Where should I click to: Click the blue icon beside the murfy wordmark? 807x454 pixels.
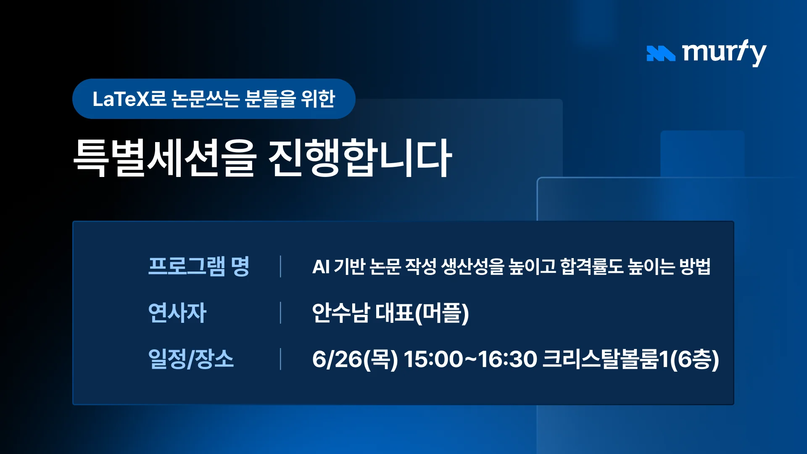[661, 53]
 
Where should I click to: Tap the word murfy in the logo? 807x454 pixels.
[724, 53]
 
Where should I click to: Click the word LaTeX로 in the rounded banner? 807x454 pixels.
[129, 99]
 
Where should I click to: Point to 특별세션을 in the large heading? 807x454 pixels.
[165, 158]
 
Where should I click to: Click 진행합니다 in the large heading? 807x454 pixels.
[360, 158]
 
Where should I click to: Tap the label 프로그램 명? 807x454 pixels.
[199, 266]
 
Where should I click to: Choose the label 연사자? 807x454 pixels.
[177, 312]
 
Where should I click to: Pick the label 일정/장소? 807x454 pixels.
[191, 359]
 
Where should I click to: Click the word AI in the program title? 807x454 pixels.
[321, 267]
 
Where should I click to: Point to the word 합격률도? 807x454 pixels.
[592, 266]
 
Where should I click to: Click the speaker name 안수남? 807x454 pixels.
[341, 313]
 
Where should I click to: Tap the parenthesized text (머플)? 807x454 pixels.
[442, 313]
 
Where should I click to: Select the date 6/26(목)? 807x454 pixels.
[355, 359]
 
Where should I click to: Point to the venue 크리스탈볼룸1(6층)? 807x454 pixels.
[631, 359]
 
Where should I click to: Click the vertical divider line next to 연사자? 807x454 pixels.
[280, 312]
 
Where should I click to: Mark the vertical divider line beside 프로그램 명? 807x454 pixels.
[280, 266]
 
